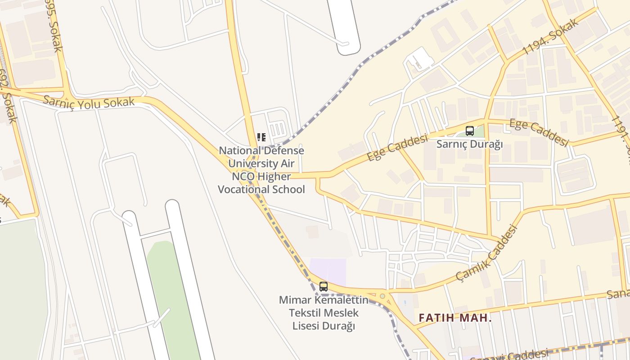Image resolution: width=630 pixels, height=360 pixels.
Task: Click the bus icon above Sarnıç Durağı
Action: tap(470, 131)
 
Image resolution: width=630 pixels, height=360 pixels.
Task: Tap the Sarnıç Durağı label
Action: tap(469, 144)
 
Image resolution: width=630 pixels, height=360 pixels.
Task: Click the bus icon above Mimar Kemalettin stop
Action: tap(323, 286)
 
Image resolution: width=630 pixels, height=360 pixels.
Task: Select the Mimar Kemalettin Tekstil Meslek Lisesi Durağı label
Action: tap(324, 312)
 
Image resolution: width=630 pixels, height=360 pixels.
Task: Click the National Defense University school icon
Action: tap(261, 137)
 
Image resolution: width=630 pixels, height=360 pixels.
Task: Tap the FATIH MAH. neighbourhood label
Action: tap(455, 318)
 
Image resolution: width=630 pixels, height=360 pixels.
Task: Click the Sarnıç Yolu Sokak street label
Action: tap(89, 102)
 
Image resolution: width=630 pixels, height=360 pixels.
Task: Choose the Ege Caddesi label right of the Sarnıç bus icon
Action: tap(539, 132)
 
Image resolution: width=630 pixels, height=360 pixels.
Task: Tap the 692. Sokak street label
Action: tap(8, 101)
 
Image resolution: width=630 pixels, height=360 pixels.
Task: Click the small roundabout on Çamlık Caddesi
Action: tap(382, 296)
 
